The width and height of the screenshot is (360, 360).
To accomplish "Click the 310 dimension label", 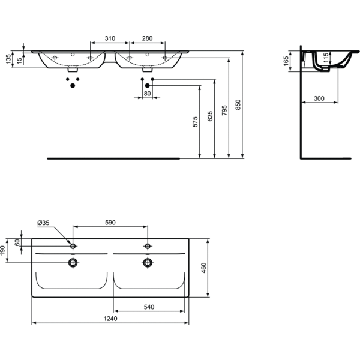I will [x=110, y=38].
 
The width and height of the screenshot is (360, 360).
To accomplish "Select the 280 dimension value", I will [x=147, y=38].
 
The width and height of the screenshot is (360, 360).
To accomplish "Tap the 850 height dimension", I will [x=238, y=104].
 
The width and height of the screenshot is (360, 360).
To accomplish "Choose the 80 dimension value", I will [x=147, y=94].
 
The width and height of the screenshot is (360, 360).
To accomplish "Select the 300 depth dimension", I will [x=319, y=98].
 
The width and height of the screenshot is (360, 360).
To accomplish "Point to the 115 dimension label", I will [x=326, y=58].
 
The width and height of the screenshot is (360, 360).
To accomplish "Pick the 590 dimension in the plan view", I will [x=110, y=223].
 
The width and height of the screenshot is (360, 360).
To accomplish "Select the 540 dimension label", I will [x=149, y=307].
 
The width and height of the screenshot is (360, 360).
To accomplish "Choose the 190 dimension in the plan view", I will [x=3, y=249].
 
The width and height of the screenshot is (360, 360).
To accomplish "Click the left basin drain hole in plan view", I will [x=73, y=262].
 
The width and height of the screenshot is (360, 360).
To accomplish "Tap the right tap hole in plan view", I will [x=147, y=246].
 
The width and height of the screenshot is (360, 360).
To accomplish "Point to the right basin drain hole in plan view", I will [x=147, y=262].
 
